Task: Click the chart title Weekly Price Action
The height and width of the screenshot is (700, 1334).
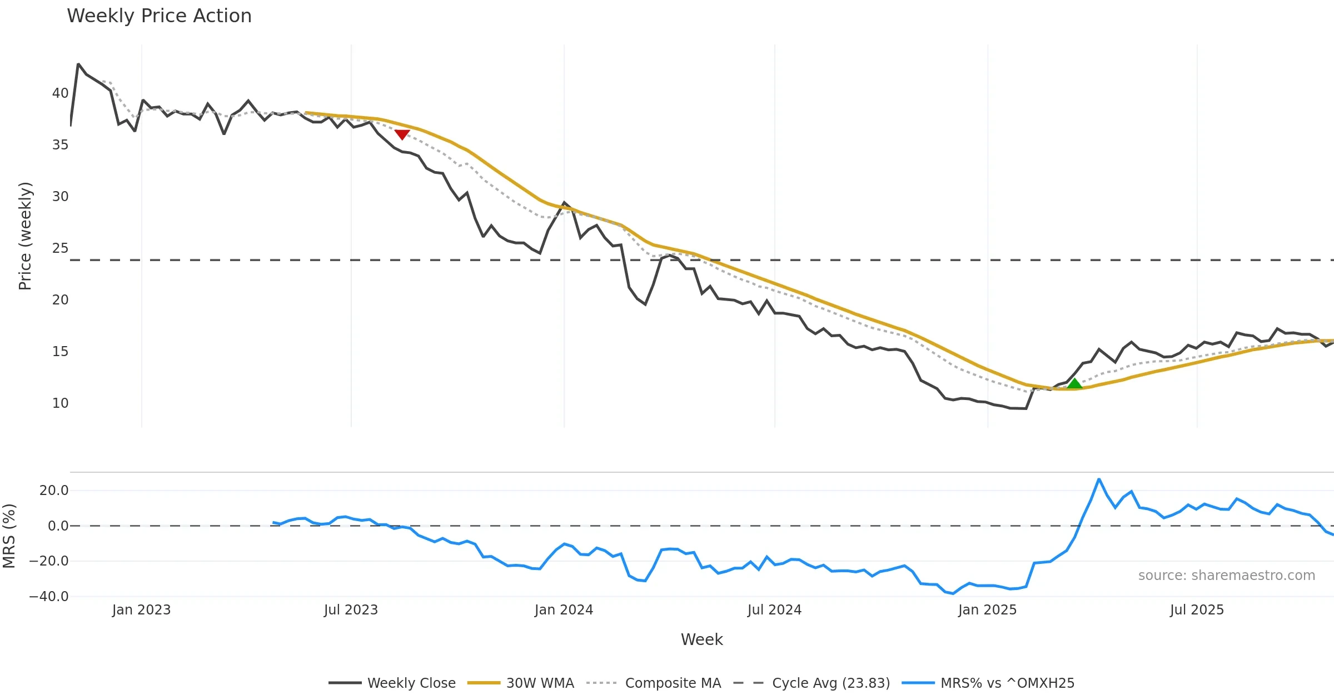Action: (x=159, y=16)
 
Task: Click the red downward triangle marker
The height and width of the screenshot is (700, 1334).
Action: (x=402, y=134)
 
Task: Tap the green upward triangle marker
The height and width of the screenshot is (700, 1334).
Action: (x=1074, y=383)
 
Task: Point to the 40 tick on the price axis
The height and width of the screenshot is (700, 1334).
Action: (x=60, y=93)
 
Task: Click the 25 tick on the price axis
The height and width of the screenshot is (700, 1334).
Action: (x=60, y=248)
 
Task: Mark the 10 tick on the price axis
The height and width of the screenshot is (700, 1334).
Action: (x=60, y=403)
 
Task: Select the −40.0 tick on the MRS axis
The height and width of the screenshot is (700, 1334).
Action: (x=49, y=597)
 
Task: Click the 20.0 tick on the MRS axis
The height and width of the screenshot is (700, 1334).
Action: (x=54, y=491)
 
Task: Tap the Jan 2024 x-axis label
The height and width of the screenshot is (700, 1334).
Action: (x=564, y=610)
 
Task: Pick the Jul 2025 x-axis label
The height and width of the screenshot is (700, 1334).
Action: (x=1197, y=610)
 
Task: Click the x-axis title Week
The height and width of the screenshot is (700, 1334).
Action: (x=701, y=639)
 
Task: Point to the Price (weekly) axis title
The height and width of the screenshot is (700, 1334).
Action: (x=25, y=236)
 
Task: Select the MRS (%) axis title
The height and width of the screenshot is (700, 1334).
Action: (x=9, y=536)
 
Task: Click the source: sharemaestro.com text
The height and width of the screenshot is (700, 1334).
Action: (x=1226, y=576)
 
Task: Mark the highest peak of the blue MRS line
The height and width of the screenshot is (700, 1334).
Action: (x=1099, y=479)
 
